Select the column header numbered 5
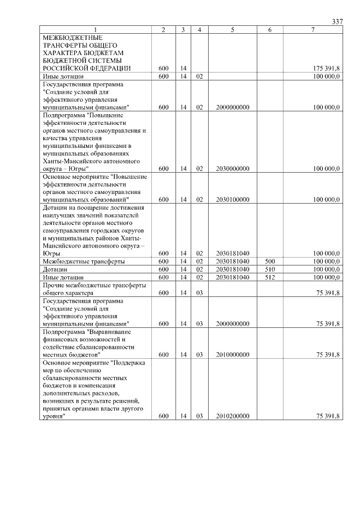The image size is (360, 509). (232, 30)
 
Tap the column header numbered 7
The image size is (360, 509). (313, 30)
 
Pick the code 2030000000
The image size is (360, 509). (232, 168)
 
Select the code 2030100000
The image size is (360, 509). (232, 199)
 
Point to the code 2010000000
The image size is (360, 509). (232, 355)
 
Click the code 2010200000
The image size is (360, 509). (232, 416)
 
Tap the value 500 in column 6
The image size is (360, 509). (270, 262)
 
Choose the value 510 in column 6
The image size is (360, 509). (270, 269)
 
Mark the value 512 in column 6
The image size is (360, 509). (270, 277)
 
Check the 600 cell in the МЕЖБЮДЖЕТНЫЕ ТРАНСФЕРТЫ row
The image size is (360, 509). (163, 68)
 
